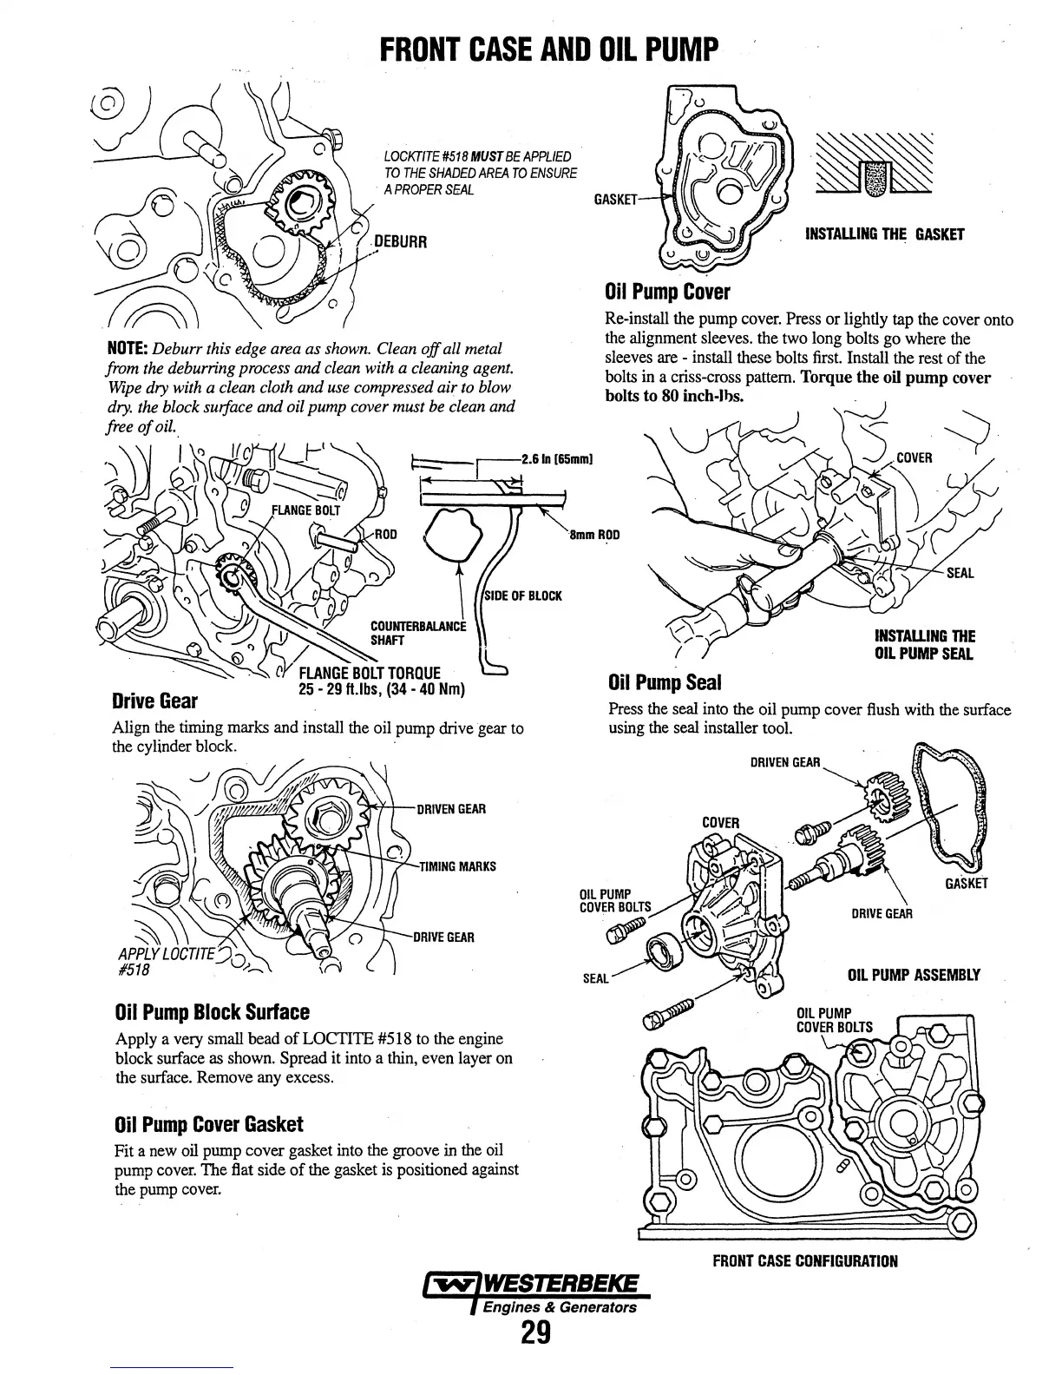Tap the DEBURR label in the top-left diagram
400,241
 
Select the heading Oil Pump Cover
667,292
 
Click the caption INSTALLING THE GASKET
884,234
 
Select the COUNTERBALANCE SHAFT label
418,633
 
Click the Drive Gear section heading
154,701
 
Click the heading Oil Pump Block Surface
212,1013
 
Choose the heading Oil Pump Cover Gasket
208,1125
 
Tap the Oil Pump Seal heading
665,682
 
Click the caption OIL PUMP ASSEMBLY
913,974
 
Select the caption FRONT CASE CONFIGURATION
805,1260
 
